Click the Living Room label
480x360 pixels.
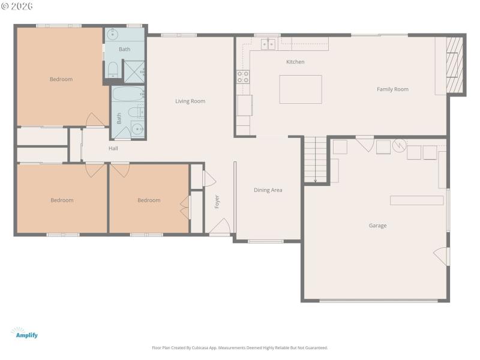pos(190,101)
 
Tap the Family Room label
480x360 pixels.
pos(392,89)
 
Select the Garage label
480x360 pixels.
pos(377,226)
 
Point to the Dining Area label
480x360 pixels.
pos(268,190)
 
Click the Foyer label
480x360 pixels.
pos(217,202)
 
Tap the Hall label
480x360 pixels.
pos(113,148)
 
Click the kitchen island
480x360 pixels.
pos(301,89)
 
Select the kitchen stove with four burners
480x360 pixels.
pos(243,76)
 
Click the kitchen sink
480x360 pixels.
pos(268,43)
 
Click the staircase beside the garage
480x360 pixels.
pos(315,160)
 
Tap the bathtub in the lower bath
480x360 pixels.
pos(127,95)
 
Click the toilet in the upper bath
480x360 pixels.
pos(112,71)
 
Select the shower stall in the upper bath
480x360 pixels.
pos(133,71)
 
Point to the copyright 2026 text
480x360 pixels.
pos(17,6)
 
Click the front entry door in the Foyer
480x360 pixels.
pos(220,227)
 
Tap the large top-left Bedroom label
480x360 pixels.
pos(61,79)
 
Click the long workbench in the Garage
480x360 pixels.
pos(416,200)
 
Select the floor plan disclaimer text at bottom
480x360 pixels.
pos(239,347)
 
